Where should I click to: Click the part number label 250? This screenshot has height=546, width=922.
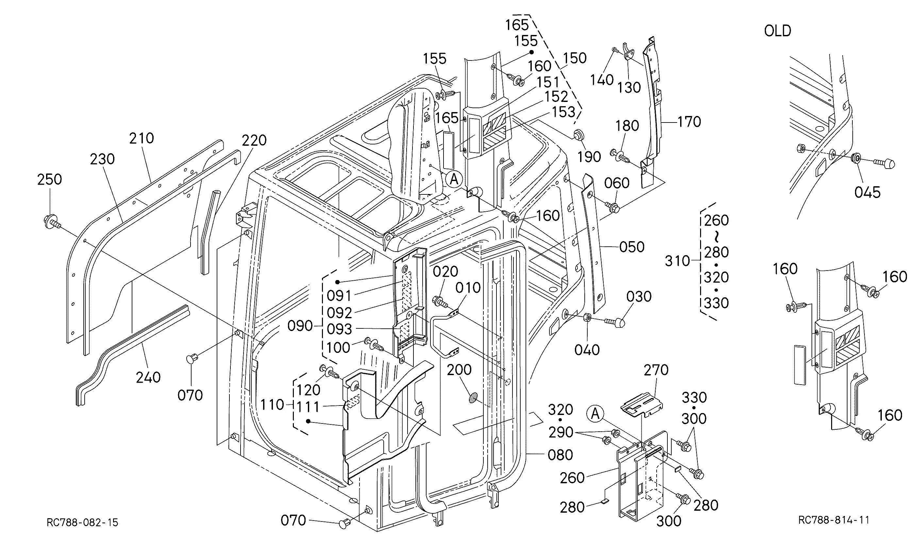tap(49, 179)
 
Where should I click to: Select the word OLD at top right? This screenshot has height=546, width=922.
tap(778, 31)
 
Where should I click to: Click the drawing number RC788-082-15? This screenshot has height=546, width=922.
tap(82, 522)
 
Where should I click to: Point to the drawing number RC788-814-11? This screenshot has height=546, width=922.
tap(834, 520)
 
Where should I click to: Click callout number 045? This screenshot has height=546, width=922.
tap(867, 192)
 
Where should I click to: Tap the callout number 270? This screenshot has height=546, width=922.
tap(656, 370)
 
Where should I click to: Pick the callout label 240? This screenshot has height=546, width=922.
tap(148, 377)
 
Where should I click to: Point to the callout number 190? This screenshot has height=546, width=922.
tap(589, 157)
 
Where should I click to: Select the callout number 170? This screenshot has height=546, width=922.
tap(689, 122)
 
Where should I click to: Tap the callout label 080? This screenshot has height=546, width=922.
tap(560, 455)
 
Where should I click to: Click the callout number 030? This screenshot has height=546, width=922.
tap(639, 297)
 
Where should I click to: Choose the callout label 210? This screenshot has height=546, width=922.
tap(142, 138)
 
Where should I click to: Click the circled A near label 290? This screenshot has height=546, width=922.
tap(595, 414)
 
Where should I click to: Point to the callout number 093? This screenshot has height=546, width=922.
tap(339, 329)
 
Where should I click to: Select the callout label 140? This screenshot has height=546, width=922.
tap(602, 80)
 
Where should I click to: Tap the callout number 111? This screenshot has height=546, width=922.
tap(308, 407)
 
